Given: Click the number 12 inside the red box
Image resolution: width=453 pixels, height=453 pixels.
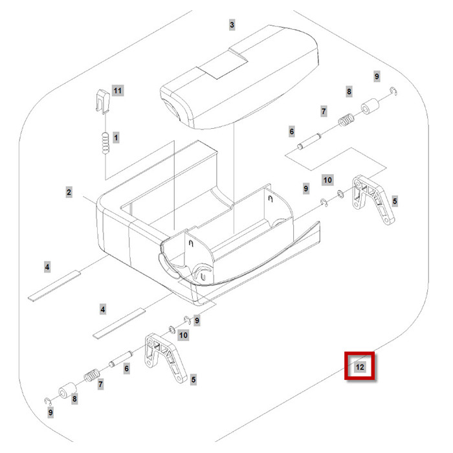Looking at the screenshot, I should [360, 367].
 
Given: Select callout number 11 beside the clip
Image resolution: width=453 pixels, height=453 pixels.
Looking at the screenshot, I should [117, 90].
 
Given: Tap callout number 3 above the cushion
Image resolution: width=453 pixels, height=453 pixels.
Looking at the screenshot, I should [232, 25].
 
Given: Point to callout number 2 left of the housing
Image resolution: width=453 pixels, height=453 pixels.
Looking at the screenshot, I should [68, 192].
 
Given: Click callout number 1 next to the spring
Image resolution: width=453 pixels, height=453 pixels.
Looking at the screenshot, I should [116, 137].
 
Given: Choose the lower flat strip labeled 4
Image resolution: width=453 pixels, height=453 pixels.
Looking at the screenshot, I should [118, 324].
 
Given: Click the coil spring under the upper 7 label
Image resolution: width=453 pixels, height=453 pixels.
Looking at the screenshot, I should [347, 121].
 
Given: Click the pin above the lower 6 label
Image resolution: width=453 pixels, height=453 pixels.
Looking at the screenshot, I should [123, 358].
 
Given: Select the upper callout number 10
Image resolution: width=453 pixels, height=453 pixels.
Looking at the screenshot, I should [327, 179].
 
